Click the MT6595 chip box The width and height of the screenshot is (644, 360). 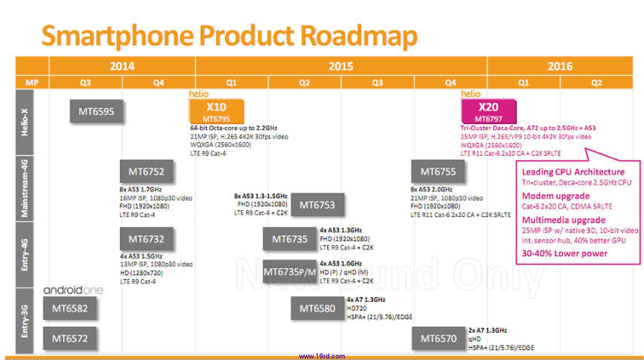tap(96, 112)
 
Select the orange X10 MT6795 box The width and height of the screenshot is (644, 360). tap(216, 111)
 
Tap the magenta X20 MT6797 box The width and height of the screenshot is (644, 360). tap(488, 111)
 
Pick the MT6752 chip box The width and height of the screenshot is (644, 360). tap(146, 172)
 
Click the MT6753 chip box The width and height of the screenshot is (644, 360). tap(317, 205)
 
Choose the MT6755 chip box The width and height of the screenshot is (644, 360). tap(438, 172)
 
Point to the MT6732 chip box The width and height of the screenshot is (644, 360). tap(146, 239)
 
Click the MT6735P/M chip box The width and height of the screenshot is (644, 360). tap(290, 272)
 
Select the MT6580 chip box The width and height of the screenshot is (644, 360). tap(317, 308)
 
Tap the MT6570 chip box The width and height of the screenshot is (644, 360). tap(438, 338)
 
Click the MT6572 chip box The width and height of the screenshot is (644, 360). tap(70, 338)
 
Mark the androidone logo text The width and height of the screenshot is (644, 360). tap(73, 290)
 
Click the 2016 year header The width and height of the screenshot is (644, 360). tap(559, 66)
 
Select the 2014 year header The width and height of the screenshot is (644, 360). tap(122, 66)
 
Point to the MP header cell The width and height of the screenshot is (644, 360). tap(32, 83)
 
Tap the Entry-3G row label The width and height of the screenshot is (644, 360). tap(25, 320)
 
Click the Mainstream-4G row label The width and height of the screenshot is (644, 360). tap(25, 188)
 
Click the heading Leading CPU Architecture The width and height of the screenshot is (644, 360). tap(573, 172)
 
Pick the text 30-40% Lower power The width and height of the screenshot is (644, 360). tap(564, 254)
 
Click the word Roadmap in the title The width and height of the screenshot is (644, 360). tap(358, 36)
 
